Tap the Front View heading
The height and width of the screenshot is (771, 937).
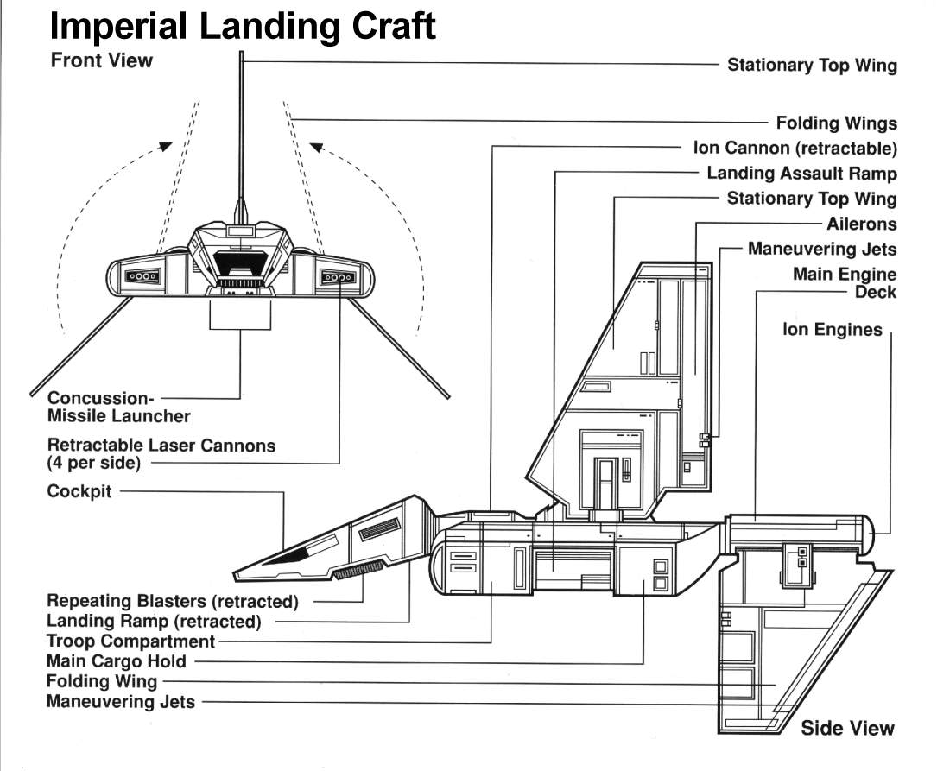(101, 60)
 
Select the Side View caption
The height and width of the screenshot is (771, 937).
(847, 728)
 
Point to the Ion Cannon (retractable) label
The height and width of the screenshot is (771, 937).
(795, 149)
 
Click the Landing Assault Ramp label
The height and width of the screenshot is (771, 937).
(801, 174)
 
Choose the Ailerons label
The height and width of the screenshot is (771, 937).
(861, 224)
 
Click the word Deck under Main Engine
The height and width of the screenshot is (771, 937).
(875, 292)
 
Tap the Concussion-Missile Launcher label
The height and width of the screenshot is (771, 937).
(118, 408)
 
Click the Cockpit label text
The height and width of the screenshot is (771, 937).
(79, 493)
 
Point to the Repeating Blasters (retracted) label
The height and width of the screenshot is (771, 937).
(172, 601)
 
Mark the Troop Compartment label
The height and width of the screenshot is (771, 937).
(130, 641)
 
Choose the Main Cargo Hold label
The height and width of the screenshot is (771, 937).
(116, 661)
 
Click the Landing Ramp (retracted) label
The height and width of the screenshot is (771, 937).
(153, 622)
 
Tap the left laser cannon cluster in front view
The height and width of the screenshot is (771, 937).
(142, 276)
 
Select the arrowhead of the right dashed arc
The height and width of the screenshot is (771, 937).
(315, 147)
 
